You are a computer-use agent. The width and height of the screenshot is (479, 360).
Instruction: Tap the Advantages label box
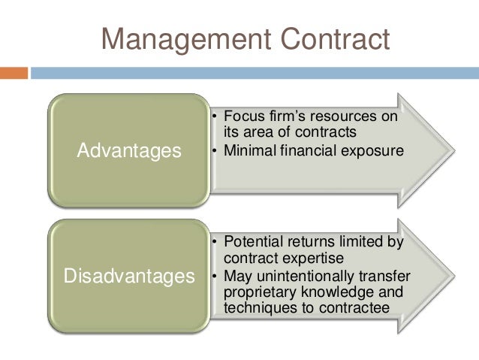pyautogui.click(x=129, y=151)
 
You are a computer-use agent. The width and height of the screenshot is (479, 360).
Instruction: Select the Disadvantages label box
pyautogui.click(x=129, y=277)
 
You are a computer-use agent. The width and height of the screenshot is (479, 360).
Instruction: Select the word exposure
pyautogui.click(x=375, y=150)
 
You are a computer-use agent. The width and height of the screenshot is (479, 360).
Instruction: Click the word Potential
pyautogui.click(x=253, y=243)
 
